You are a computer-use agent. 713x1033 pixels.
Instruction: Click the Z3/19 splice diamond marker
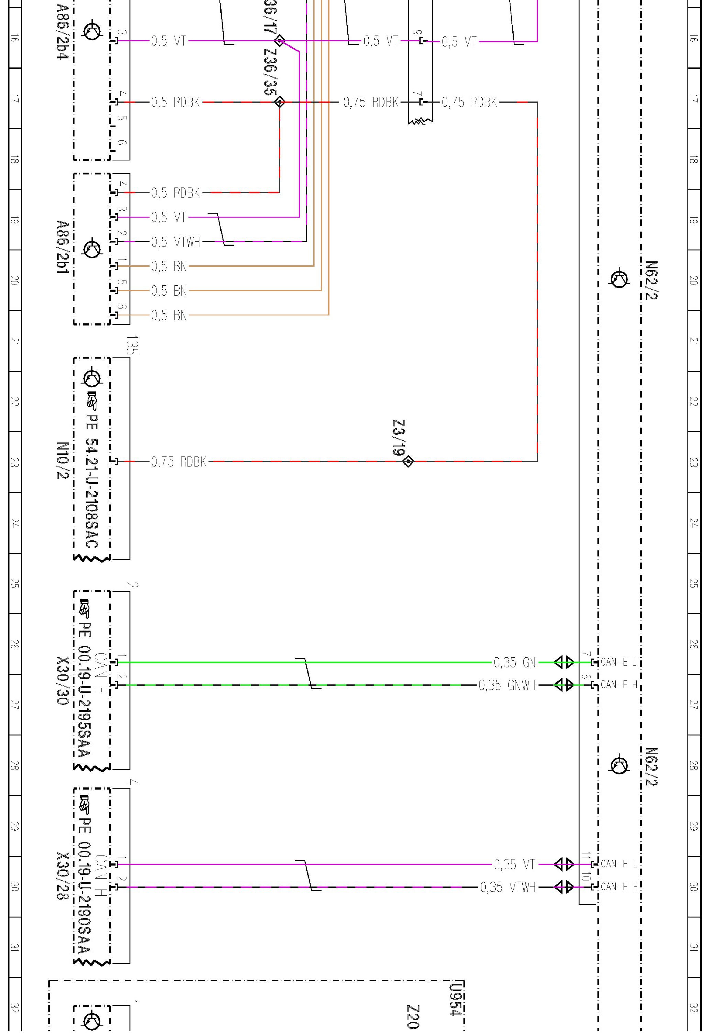pos(408,461)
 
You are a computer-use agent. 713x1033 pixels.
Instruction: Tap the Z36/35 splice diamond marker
pos(280,102)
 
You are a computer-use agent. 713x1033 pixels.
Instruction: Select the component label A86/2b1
pos(63,247)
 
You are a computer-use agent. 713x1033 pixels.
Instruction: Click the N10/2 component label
pos(63,461)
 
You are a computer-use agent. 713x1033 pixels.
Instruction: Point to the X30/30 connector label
pos(63,680)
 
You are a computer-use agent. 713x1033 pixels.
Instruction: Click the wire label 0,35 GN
pos(514,662)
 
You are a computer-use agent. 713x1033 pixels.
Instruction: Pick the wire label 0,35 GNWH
pos(507,685)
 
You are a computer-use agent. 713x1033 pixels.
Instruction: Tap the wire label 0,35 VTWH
pos(508,887)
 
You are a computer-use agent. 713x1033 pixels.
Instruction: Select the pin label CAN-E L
pos(618,662)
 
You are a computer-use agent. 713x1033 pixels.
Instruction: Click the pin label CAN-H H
pos(619,886)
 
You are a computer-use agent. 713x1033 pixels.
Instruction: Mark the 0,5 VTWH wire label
pos(175,242)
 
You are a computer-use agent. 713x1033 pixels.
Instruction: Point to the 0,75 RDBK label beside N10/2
pos(179,461)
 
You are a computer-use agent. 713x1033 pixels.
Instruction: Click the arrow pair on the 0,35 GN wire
pos(564,662)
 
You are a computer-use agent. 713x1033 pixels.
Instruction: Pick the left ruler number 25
pos(15,583)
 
